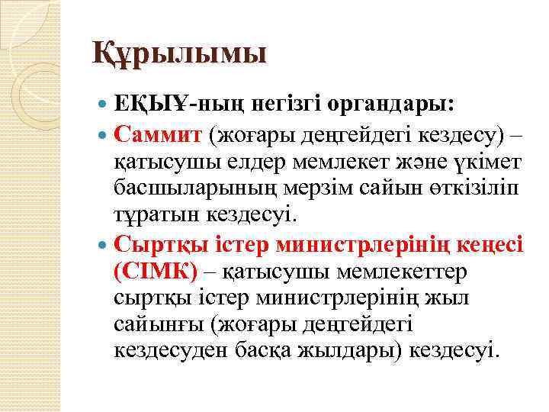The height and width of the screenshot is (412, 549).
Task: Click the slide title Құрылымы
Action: [179, 54]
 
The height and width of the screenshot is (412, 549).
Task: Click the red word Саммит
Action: [156, 136]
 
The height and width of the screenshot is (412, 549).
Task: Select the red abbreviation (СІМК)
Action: [155, 270]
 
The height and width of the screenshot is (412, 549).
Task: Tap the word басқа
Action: [271, 350]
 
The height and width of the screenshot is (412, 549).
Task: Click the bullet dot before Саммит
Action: [104, 136]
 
